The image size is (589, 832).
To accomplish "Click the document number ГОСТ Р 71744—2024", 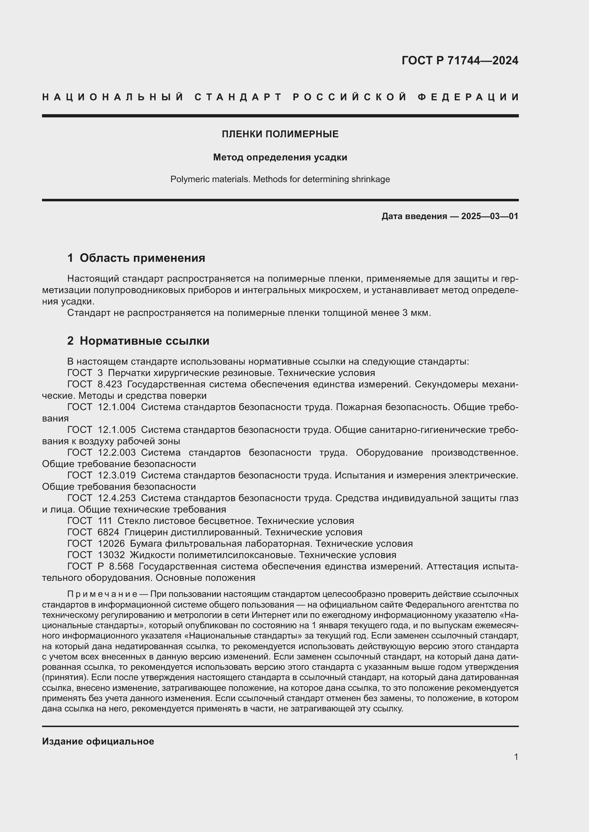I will pyautogui.click(x=459, y=60).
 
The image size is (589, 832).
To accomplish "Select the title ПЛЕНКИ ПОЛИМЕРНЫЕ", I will pyautogui.click(x=280, y=134).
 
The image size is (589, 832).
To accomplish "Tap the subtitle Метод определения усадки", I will pyautogui.click(x=280, y=157).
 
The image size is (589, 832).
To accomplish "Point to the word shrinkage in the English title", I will pyautogui.click(x=370, y=179).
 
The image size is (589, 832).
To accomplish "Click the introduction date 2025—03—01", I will pyautogui.click(x=490, y=216).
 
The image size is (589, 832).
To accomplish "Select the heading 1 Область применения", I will pyautogui.click(x=136, y=258).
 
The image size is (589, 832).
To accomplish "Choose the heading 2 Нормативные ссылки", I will pyautogui.click(x=138, y=341).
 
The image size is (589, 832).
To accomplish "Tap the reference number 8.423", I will pyautogui.click(x=110, y=384).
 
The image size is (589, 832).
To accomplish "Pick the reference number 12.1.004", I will pyautogui.click(x=116, y=407).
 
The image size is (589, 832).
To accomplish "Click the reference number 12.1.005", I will pyautogui.click(x=116, y=430).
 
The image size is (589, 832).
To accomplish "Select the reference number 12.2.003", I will pyautogui.click(x=116, y=452).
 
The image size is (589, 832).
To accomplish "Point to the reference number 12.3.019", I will pyautogui.click(x=116, y=476).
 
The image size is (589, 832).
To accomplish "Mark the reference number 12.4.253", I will pyautogui.click(x=116, y=498).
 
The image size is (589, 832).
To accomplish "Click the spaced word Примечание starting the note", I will pyautogui.click(x=102, y=594).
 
